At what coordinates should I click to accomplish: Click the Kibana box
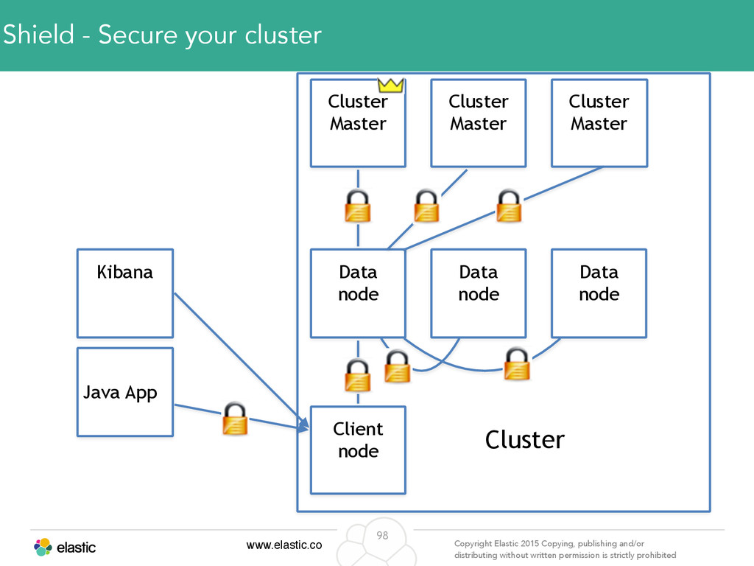pyautogui.click(x=125, y=293)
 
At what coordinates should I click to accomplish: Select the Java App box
pyautogui.click(x=125, y=392)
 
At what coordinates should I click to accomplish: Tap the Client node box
pyautogui.click(x=359, y=450)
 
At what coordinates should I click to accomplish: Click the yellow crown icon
pyautogui.click(x=390, y=85)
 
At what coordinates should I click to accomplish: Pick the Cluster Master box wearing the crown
pyautogui.click(x=359, y=123)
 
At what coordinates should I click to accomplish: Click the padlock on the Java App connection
pyautogui.click(x=235, y=419)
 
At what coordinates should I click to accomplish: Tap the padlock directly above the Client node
pyautogui.click(x=358, y=374)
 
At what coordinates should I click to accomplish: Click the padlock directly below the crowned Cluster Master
pyautogui.click(x=358, y=206)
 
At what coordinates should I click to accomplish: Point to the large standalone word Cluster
pyautogui.click(x=524, y=439)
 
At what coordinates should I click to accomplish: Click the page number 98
pyautogui.click(x=382, y=535)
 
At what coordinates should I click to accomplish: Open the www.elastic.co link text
pyautogui.click(x=284, y=545)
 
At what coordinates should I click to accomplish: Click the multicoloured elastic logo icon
pyautogui.click(x=43, y=548)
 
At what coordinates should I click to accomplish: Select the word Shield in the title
pyautogui.click(x=38, y=35)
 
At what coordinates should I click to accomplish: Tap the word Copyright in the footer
pyautogui.click(x=473, y=544)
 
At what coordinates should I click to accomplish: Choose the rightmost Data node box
pyautogui.click(x=599, y=293)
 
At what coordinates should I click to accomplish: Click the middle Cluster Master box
pyautogui.click(x=479, y=123)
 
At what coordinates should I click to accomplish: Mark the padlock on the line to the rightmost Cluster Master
pyautogui.click(x=509, y=206)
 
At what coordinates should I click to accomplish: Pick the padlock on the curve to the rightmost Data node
pyautogui.click(x=517, y=364)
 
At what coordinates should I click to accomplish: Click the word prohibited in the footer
pyautogui.click(x=658, y=555)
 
